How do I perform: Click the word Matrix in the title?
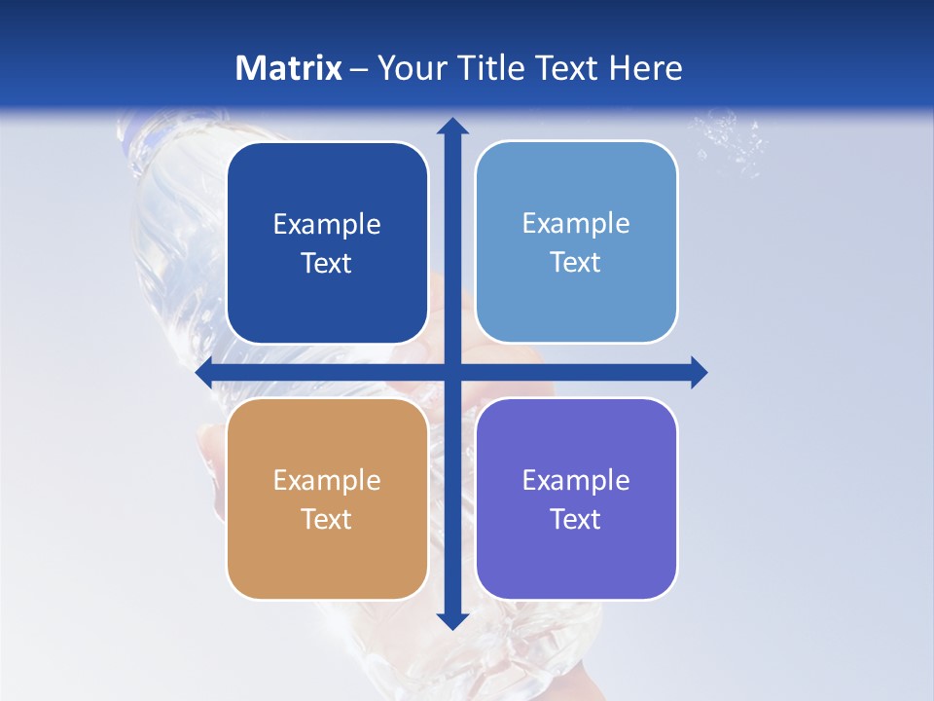[x=289, y=68]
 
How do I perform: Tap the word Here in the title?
[x=645, y=68]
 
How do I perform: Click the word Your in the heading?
[x=408, y=68]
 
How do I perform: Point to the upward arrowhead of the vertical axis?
[x=452, y=126]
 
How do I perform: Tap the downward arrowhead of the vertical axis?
[x=452, y=620]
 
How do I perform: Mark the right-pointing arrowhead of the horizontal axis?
[x=698, y=373]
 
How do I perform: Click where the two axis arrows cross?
[x=452, y=373]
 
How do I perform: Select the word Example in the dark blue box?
[x=327, y=224]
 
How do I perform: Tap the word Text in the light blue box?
[x=576, y=262]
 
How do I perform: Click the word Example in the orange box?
[x=327, y=480]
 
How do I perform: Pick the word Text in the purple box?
[x=576, y=519]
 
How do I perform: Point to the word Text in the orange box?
[x=327, y=519]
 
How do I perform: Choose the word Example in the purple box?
[x=576, y=480]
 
